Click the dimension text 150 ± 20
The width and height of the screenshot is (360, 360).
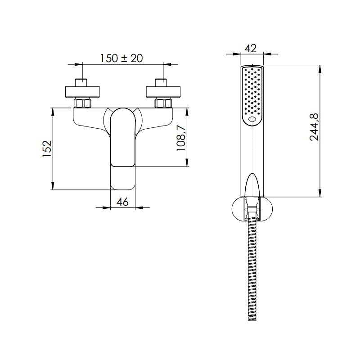121,58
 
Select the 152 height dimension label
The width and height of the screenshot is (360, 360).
47,149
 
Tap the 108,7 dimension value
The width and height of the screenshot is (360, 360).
181,138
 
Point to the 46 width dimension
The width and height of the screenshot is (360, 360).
122,202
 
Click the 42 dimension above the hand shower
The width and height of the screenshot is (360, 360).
251,49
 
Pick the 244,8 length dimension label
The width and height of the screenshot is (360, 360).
314,127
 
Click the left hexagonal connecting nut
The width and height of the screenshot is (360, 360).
82,103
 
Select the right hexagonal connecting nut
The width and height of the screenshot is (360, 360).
163,103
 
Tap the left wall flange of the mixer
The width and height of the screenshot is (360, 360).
82,92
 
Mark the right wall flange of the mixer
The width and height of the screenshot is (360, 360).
163,92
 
